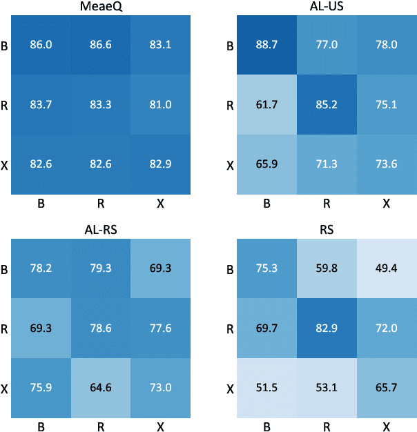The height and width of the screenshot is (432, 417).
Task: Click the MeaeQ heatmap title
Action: tap(100, 6)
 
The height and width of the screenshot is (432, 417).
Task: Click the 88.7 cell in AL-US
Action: tap(267, 43)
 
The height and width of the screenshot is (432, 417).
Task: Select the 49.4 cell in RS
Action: tap(386, 268)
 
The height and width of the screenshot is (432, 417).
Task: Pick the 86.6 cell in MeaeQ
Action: tap(100, 43)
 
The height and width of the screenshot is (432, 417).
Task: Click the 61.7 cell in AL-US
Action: tap(267, 105)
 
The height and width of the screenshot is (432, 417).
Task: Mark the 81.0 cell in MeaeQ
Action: tap(159, 105)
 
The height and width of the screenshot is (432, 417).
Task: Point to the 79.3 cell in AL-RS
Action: tap(100, 268)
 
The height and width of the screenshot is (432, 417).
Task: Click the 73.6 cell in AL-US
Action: tap(386, 164)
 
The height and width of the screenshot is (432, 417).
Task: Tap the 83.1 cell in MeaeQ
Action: tap(159, 43)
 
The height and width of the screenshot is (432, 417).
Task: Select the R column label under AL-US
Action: tap(327, 204)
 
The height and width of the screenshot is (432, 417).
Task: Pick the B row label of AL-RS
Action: tap(6, 270)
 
